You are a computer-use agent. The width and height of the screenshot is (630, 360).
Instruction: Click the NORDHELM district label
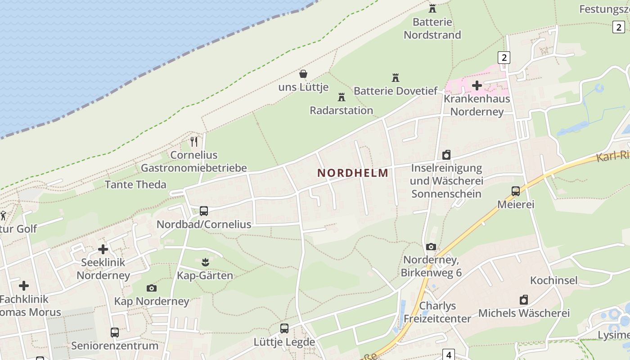[x=353, y=173]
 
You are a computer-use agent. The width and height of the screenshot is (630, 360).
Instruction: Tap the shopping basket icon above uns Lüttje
[x=303, y=73]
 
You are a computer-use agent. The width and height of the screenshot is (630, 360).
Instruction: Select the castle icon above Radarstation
[x=341, y=97]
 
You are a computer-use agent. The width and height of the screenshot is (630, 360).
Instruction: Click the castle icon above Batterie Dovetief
[x=395, y=77]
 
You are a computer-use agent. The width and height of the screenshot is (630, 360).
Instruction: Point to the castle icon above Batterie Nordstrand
[x=432, y=8]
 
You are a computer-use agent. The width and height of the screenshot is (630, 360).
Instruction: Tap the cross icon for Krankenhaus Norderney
[x=477, y=85]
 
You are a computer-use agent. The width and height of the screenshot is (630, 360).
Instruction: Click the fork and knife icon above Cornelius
[x=194, y=142]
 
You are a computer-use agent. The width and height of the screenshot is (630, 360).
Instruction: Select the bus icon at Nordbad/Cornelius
[x=203, y=211]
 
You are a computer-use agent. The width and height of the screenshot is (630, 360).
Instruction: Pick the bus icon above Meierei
[x=516, y=191]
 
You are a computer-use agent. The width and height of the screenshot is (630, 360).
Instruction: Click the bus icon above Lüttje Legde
[x=284, y=328]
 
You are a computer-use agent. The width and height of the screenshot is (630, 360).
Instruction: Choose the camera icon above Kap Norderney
[x=152, y=288]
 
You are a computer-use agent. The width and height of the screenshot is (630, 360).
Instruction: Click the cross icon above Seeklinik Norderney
[x=103, y=249]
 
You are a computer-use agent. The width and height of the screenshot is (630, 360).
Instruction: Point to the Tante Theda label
[x=135, y=184]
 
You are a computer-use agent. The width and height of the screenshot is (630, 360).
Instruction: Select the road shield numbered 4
[x=449, y=355]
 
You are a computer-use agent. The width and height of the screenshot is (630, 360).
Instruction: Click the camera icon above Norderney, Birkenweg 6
[x=431, y=247]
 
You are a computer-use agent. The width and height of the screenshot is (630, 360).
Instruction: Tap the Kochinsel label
[x=553, y=280]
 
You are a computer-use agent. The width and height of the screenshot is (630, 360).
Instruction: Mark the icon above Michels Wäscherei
[x=524, y=300]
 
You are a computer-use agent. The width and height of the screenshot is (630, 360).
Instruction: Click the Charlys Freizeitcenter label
[x=437, y=312]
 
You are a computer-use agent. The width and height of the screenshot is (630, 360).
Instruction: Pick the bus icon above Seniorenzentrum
[x=115, y=333]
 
